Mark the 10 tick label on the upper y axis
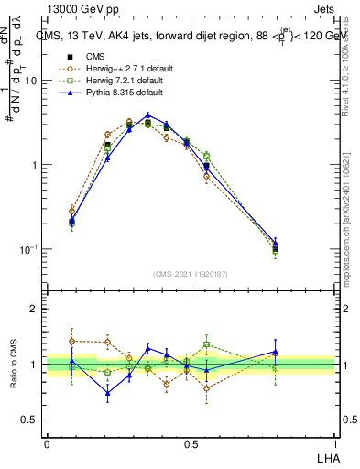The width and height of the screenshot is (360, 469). click(30, 81)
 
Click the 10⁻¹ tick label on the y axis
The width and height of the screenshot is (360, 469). click(27, 249)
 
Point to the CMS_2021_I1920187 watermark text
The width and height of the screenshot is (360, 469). click(191, 274)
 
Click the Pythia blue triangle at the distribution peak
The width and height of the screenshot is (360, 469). click(147, 115)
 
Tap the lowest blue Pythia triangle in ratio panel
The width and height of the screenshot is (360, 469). click(108, 394)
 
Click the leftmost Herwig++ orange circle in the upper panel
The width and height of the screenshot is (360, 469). click(72, 211)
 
